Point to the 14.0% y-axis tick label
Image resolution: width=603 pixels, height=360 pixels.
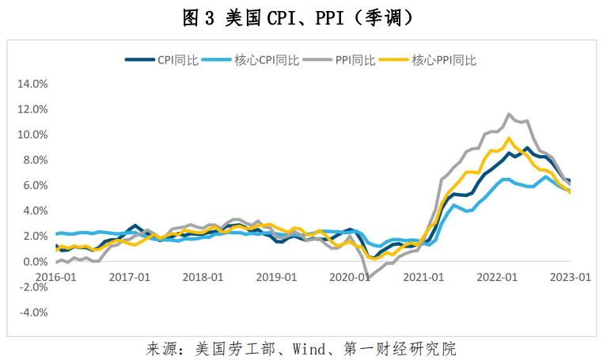click(33, 84)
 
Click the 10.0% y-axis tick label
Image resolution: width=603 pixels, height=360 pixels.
click(33, 135)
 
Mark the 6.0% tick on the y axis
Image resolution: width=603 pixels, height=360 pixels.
click(36, 185)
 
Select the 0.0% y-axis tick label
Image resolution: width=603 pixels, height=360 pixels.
click(36, 261)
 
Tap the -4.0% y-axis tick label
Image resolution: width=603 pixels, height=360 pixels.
click(34, 312)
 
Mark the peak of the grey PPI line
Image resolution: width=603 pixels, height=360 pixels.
click(509, 114)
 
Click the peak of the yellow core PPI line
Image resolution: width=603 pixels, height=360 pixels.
click(509, 138)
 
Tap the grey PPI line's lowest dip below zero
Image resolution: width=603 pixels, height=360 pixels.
click(367, 277)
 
